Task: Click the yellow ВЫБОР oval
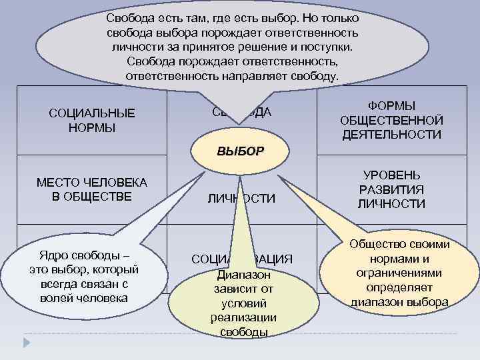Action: [x=241, y=150]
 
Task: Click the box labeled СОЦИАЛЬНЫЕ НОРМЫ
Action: [x=91, y=120]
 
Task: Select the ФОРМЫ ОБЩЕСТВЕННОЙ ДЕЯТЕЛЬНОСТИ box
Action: [x=391, y=120]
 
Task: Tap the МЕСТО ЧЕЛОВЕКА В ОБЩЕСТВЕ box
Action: [x=91, y=189]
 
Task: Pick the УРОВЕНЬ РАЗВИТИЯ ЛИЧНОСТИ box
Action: [x=391, y=189]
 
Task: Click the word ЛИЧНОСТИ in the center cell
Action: [x=241, y=199]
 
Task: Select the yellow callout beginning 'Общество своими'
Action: [x=399, y=273]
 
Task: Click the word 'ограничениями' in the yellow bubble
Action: [x=399, y=273]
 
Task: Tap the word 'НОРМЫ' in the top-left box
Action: [x=91, y=127]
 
